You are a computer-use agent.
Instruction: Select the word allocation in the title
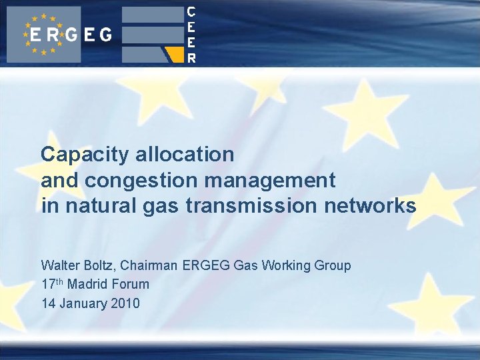click(185, 155)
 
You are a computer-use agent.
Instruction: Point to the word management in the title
click(270, 180)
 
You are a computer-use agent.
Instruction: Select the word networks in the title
click(370, 206)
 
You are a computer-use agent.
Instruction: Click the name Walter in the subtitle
click(60, 265)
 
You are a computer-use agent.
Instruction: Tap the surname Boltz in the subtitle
click(101, 265)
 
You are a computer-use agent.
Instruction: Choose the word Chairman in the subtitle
click(152, 265)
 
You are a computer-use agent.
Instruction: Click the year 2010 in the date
click(126, 303)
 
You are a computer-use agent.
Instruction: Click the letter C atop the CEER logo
click(191, 11)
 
